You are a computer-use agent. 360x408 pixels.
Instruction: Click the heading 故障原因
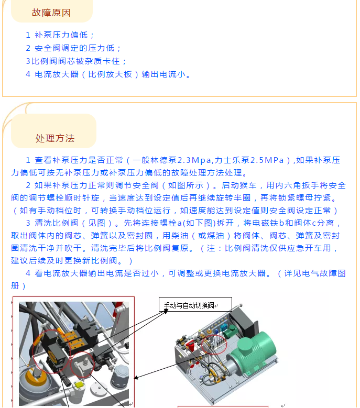(51, 13)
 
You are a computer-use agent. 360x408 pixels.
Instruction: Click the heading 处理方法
(55, 138)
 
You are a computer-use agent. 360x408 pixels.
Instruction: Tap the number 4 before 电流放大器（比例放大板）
(28, 74)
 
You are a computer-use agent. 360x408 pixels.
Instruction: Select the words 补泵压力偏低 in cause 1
(61, 35)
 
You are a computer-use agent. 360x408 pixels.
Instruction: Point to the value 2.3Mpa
(194, 160)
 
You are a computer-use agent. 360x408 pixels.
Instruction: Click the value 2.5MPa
(267, 160)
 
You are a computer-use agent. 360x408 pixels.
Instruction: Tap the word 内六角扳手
(297, 185)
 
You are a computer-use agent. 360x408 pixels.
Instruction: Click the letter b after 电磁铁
(281, 223)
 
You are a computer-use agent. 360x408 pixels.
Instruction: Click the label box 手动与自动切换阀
(195, 304)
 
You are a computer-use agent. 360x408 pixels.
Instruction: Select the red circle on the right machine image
(214, 345)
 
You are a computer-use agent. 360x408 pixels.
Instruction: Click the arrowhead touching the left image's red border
(136, 378)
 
